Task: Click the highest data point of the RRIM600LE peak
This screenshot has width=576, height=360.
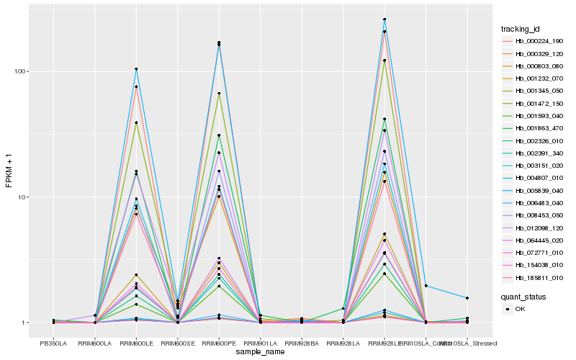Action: (136, 69)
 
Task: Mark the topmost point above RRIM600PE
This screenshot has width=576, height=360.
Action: (219, 42)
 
